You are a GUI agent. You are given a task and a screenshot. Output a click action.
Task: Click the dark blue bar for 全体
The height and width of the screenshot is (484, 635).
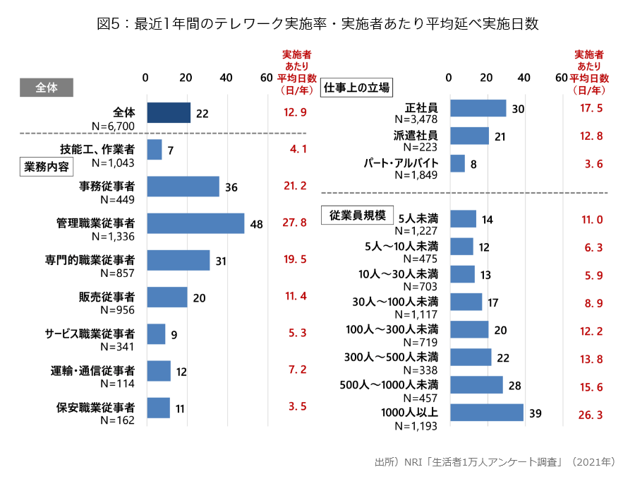tap(169, 113)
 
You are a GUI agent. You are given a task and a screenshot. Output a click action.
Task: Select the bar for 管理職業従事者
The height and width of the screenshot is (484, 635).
tap(195, 223)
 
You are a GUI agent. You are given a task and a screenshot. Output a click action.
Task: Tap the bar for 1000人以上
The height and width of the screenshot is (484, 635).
tap(486, 413)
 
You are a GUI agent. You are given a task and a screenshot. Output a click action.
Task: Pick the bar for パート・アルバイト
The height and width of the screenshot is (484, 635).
tap(457, 163)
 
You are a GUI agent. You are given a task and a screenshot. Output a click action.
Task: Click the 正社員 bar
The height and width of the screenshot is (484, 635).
tap(478, 108)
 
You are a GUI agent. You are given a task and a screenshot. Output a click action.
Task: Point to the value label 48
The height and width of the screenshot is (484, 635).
tap(256, 224)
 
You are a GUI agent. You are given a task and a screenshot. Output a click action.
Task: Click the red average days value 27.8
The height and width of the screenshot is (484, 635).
tap(295, 223)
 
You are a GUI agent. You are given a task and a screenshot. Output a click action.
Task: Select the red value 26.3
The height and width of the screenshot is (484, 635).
tap(590, 415)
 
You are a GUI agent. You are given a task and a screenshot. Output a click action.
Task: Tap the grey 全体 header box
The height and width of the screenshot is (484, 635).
tap(46, 88)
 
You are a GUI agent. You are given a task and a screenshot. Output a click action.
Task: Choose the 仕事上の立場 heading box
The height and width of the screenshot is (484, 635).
tap(356, 88)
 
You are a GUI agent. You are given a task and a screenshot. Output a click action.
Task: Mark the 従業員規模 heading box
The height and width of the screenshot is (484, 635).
tap(357, 216)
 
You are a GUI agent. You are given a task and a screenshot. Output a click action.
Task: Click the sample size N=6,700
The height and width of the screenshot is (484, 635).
tap(113, 126)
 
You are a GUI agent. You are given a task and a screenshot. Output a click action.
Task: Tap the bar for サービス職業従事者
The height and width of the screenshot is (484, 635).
tap(156, 334)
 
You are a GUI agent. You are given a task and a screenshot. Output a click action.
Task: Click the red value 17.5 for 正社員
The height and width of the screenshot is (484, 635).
tap(590, 108)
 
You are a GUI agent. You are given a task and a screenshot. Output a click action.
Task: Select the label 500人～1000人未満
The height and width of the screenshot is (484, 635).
tap(389, 385)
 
